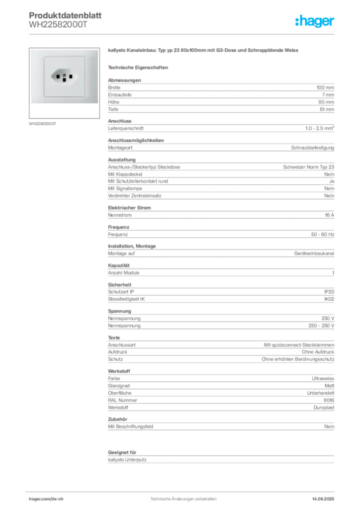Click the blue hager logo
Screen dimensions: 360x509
[x=315, y=22]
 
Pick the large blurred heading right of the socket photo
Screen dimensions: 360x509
[x=204, y=52]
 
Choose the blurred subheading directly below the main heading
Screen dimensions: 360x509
[x=139, y=67]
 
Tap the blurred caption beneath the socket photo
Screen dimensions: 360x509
[x=44, y=124]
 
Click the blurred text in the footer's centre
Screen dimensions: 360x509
[x=182, y=497]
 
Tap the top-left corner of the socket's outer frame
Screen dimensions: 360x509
[x=31, y=50]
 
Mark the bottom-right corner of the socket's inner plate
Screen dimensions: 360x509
[x=84, y=96]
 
